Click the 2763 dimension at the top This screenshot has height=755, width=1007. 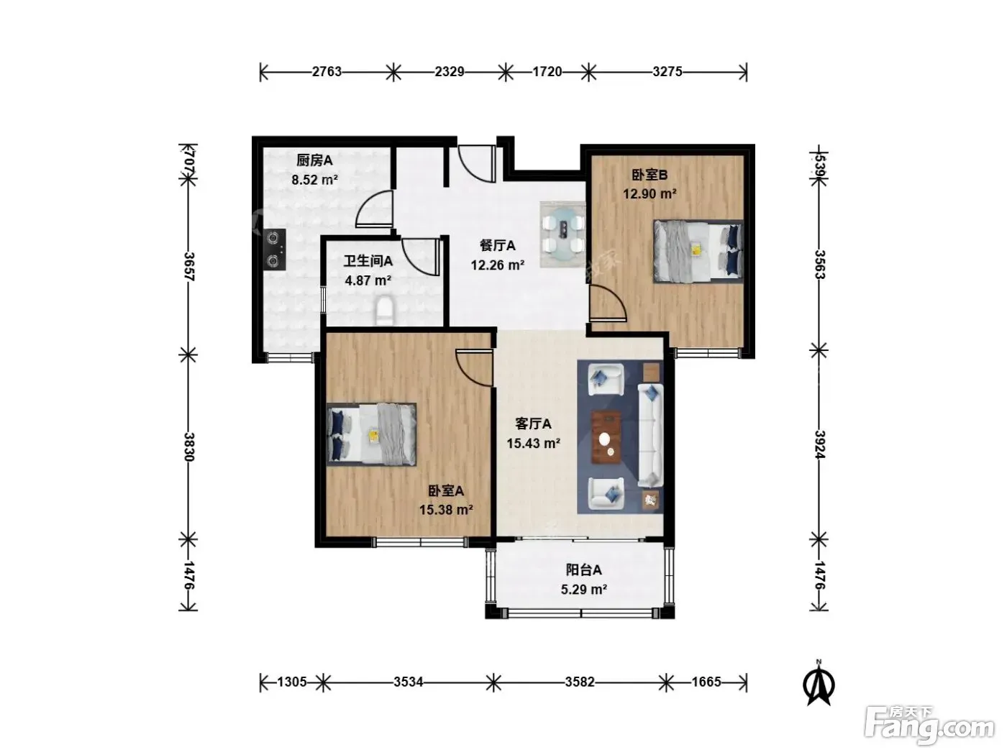click(326, 72)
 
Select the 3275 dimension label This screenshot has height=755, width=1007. click(667, 71)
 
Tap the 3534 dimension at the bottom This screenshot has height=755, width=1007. click(408, 682)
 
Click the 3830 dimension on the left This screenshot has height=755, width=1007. click(189, 447)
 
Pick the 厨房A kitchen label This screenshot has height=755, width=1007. click(314, 160)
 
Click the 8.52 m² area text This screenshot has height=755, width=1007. click(315, 179)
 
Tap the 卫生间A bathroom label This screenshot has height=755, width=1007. click(368, 261)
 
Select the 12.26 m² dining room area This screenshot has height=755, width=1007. click(498, 265)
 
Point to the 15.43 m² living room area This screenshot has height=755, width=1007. click(533, 443)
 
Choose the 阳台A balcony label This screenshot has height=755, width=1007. click(583, 569)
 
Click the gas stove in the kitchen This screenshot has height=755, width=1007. click(274, 250)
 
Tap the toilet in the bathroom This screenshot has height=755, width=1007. click(384, 311)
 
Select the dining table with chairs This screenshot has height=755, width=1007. click(563, 234)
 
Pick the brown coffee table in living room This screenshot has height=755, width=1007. click(606, 437)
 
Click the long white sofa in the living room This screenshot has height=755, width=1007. click(650, 436)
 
